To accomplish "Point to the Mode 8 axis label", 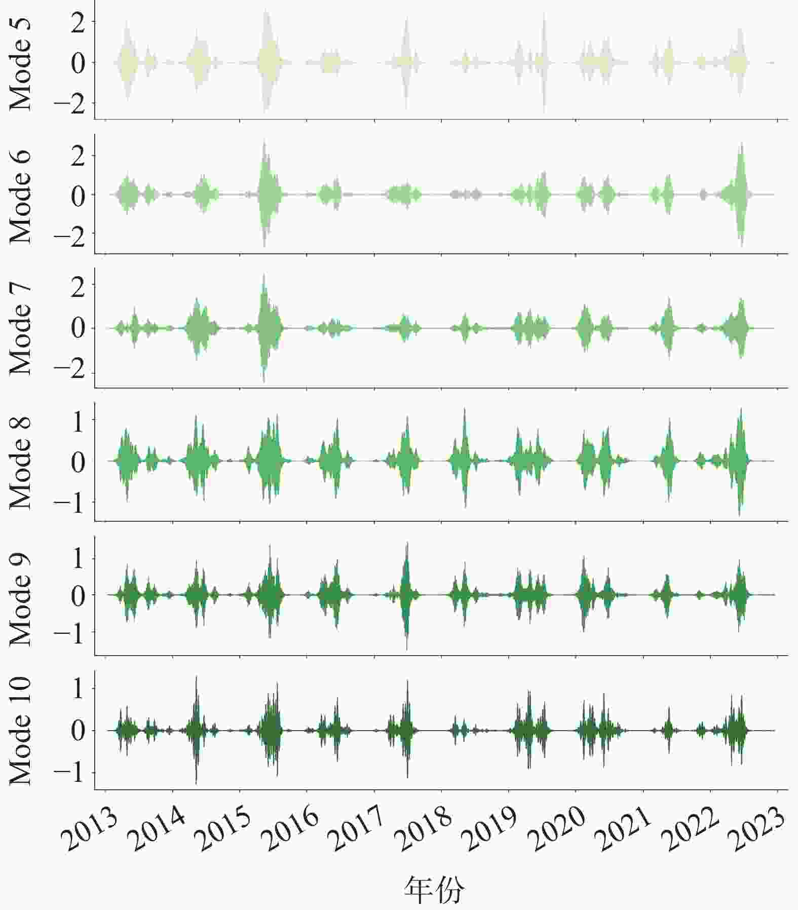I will click(20, 462).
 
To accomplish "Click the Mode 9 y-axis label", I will click(20, 596).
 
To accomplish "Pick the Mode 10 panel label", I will click(20, 731).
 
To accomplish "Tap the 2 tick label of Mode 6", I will click(79, 156).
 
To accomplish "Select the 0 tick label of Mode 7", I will click(79, 329).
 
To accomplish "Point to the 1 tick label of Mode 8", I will click(79, 421).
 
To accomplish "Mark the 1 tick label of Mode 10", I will click(79, 689).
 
